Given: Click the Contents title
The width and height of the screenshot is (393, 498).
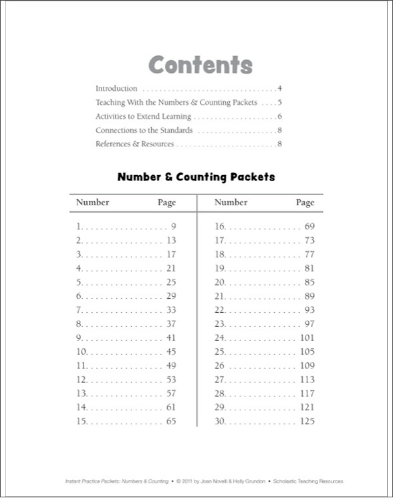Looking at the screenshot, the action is pos(201,65).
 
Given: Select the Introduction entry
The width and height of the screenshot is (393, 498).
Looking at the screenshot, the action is pos(116,88).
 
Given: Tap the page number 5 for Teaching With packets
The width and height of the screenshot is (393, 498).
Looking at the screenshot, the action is pos(281,102).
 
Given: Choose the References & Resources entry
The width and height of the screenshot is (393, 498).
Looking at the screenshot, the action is pos(134,144).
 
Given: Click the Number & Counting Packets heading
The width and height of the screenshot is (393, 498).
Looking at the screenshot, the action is pos(196,177).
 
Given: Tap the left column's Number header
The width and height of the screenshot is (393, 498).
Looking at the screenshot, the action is pos(92,202).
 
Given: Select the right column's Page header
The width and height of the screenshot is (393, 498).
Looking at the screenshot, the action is pos(305,202).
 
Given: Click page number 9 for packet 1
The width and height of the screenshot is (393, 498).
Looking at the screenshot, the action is pos(173,227).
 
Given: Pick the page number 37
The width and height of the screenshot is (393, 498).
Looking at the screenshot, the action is pos(171,324).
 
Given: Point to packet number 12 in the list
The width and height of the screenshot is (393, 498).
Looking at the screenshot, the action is pos(82,380).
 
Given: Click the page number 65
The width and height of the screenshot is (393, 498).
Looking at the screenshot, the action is pos(171,421).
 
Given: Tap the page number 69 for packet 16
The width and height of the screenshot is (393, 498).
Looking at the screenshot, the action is pos(309,227).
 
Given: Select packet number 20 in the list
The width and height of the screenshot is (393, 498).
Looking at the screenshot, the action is pos(220,282).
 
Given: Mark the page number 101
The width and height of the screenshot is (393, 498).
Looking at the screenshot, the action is pos(307,338).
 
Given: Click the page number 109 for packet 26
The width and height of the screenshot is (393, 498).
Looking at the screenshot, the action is pos(307,366).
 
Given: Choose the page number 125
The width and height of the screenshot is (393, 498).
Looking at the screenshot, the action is pos(307,421).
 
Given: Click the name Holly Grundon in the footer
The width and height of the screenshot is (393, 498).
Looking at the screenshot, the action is pos(249,481).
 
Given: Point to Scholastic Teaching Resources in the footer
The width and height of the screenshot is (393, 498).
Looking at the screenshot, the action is pos(309,481).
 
